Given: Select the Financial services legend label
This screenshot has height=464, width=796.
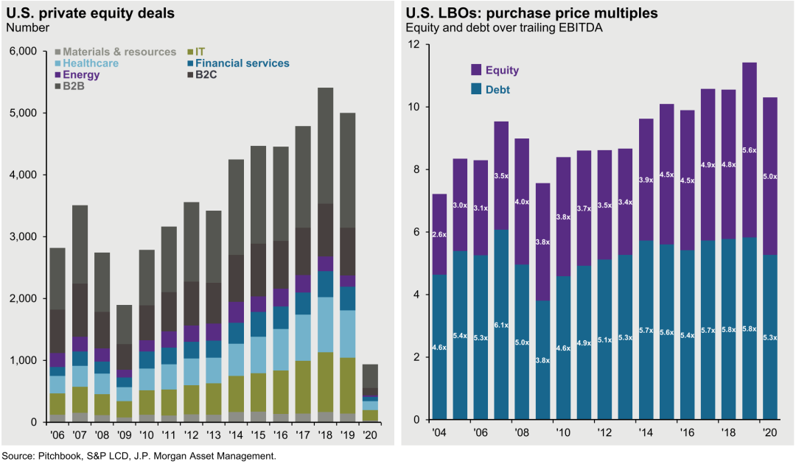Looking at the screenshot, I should [x=243, y=63].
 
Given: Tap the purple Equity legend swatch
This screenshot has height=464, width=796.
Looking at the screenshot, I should [x=476, y=70].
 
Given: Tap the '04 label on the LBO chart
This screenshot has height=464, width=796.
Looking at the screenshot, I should [x=440, y=435].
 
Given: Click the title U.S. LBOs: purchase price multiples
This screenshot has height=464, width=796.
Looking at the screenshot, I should [x=531, y=13].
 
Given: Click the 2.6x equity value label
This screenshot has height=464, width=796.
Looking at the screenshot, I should [x=439, y=234].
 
